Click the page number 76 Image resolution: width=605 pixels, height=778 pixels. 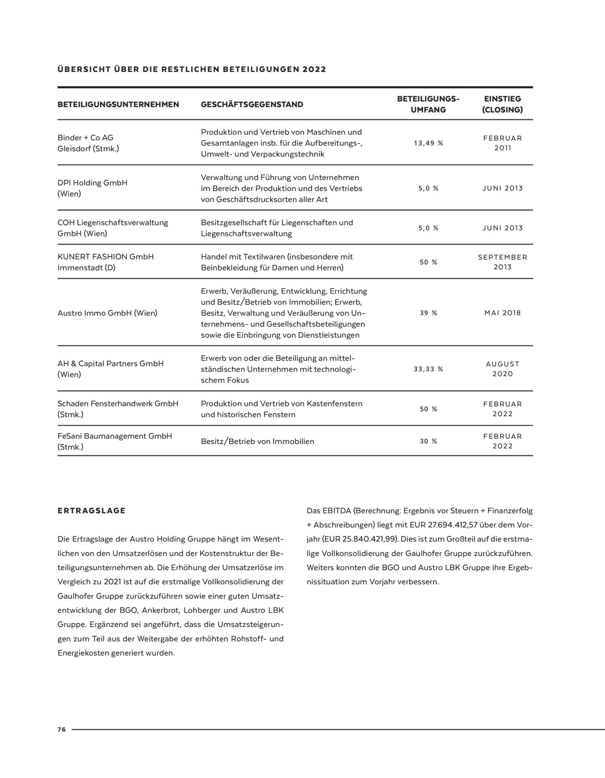coord(61,729)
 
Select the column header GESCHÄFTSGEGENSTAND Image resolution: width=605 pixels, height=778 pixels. coord(252,104)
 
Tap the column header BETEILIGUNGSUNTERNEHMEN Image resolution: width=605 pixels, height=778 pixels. coord(118,104)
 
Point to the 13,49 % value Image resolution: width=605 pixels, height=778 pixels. coord(428,143)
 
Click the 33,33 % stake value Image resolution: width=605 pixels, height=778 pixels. coord(428,369)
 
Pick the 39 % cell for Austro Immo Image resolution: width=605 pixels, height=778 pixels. coord(428,313)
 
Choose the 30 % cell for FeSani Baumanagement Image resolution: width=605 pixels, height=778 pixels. coord(428,441)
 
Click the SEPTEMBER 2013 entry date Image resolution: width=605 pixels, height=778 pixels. coord(502,262)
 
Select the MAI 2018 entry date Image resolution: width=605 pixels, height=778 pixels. coord(502,313)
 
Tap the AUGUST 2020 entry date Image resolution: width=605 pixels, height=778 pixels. coord(502,369)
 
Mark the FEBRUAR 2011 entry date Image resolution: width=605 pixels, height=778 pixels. coord(502,143)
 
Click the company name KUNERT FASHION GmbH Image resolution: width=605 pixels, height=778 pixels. coord(105,257)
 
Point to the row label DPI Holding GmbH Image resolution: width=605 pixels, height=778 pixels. coord(92,183)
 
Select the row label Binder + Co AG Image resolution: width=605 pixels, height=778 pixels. coord(86,138)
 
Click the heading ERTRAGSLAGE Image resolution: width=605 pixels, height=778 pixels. coord(91,511)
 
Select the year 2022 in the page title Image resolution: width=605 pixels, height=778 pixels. coord(314,70)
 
